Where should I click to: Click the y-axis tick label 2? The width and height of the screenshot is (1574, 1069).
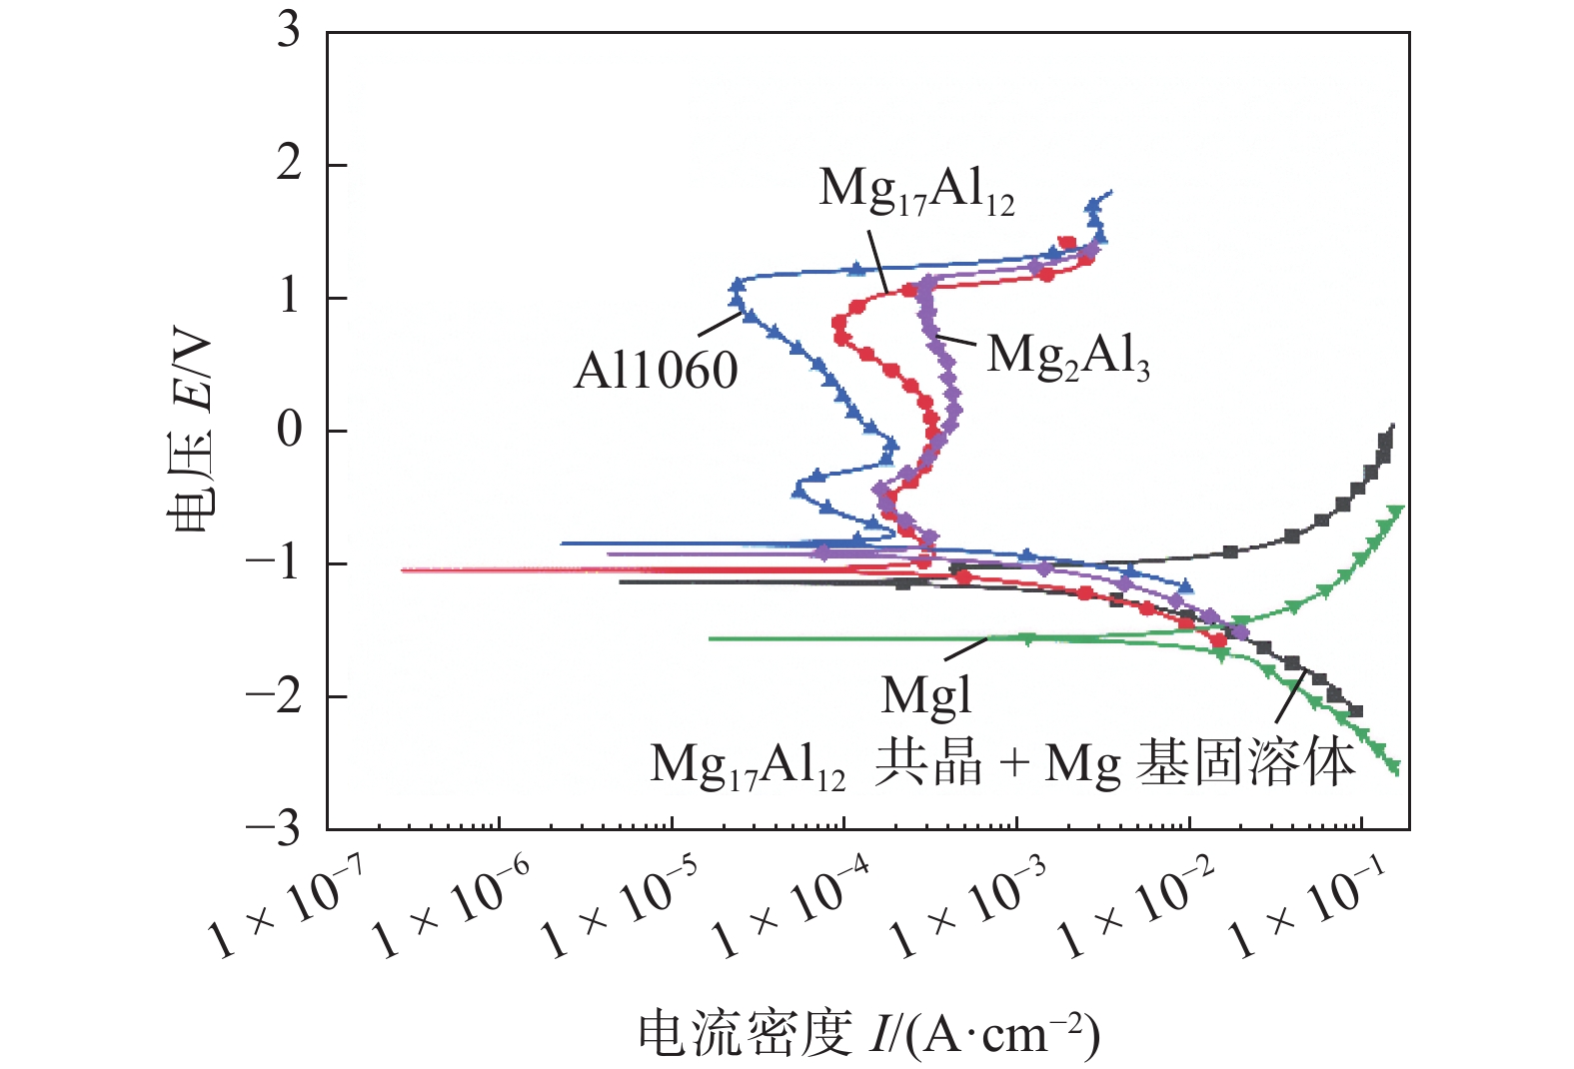click(x=289, y=163)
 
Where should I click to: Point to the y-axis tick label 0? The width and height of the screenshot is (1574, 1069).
click(x=289, y=430)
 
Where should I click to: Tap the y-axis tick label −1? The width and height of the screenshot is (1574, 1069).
click(x=273, y=563)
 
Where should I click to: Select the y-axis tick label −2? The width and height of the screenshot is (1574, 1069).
click(x=273, y=695)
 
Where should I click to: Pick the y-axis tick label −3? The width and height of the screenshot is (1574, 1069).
click(x=273, y=828)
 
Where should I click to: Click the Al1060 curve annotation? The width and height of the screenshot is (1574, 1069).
click(x=656, y=372)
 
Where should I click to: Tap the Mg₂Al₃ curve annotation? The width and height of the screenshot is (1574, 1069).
click(x=1068, y=356)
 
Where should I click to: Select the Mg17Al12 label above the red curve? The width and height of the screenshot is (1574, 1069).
click(x=916, y=190)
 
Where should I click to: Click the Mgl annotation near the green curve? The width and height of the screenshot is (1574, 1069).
click(x=926, y=695)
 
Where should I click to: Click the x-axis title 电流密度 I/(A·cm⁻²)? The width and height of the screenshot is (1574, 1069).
click(x=868, y=1033)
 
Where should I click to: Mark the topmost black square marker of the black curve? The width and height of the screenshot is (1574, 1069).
click(x=1386, y=439)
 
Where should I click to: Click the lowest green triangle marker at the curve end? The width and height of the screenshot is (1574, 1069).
click(x=1393, y=767)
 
